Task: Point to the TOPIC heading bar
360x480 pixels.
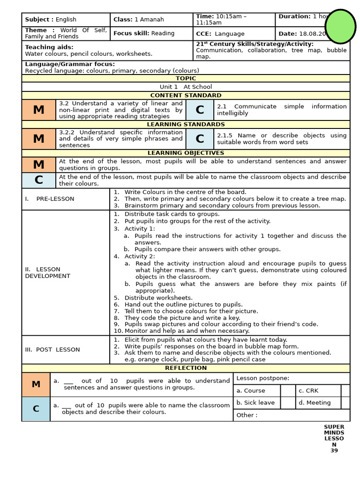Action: pyautogui.click(x=186, y=78)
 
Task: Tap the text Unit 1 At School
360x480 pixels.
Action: pyautogui.click(x=186, y=87)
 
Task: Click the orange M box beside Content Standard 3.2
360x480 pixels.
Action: pyautogui.click(x=39, y=110)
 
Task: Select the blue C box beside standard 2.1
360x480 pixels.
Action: pyautogui.click(x=200, y=110)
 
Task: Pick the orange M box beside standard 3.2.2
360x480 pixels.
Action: pyautogui.click(x=39, y=139)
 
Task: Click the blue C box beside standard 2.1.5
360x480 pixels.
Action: pyautogui.click(x=200, y=139)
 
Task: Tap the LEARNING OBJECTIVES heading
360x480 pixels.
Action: pyautogui.click(x=186, y=153)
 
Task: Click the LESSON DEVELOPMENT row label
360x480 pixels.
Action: pyautogui.click(x=47, y=273)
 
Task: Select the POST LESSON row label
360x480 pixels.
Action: pyautogui.click(x=52, y=350)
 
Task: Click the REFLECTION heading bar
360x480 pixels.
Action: pyautogui.click(x=186, y=368)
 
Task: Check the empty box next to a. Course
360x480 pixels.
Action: pyautogui.click(x=287, y=390)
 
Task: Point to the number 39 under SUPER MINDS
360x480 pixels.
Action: pyautogui.click(x=334, y=451)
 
